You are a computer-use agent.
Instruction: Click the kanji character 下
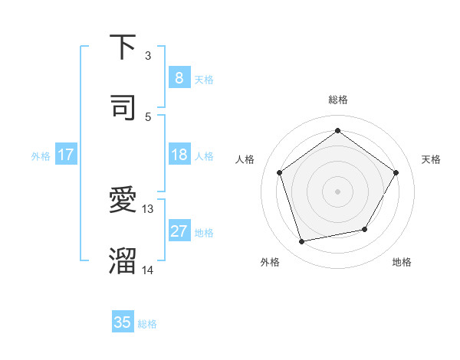123,47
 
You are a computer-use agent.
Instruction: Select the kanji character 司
123,107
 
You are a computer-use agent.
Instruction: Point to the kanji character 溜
123,260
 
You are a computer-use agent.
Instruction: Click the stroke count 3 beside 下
148,56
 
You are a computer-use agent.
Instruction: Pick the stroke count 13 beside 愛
148,208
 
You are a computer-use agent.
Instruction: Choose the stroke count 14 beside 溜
148,270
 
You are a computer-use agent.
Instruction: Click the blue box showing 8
179,77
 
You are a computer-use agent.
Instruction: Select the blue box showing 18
179,155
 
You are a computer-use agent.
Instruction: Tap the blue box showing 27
179,231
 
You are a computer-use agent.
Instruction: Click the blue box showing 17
66,155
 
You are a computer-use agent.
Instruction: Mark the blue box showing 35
123,322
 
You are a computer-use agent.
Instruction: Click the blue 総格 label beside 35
147,324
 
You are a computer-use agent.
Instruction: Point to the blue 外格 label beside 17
41,156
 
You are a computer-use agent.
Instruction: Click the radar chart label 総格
337,100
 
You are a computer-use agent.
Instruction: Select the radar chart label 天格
431,159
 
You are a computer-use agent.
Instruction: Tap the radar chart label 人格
245,159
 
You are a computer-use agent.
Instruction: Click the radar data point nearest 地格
365,229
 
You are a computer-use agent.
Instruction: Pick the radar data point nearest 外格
302,241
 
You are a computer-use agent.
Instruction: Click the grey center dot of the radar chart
337,191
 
